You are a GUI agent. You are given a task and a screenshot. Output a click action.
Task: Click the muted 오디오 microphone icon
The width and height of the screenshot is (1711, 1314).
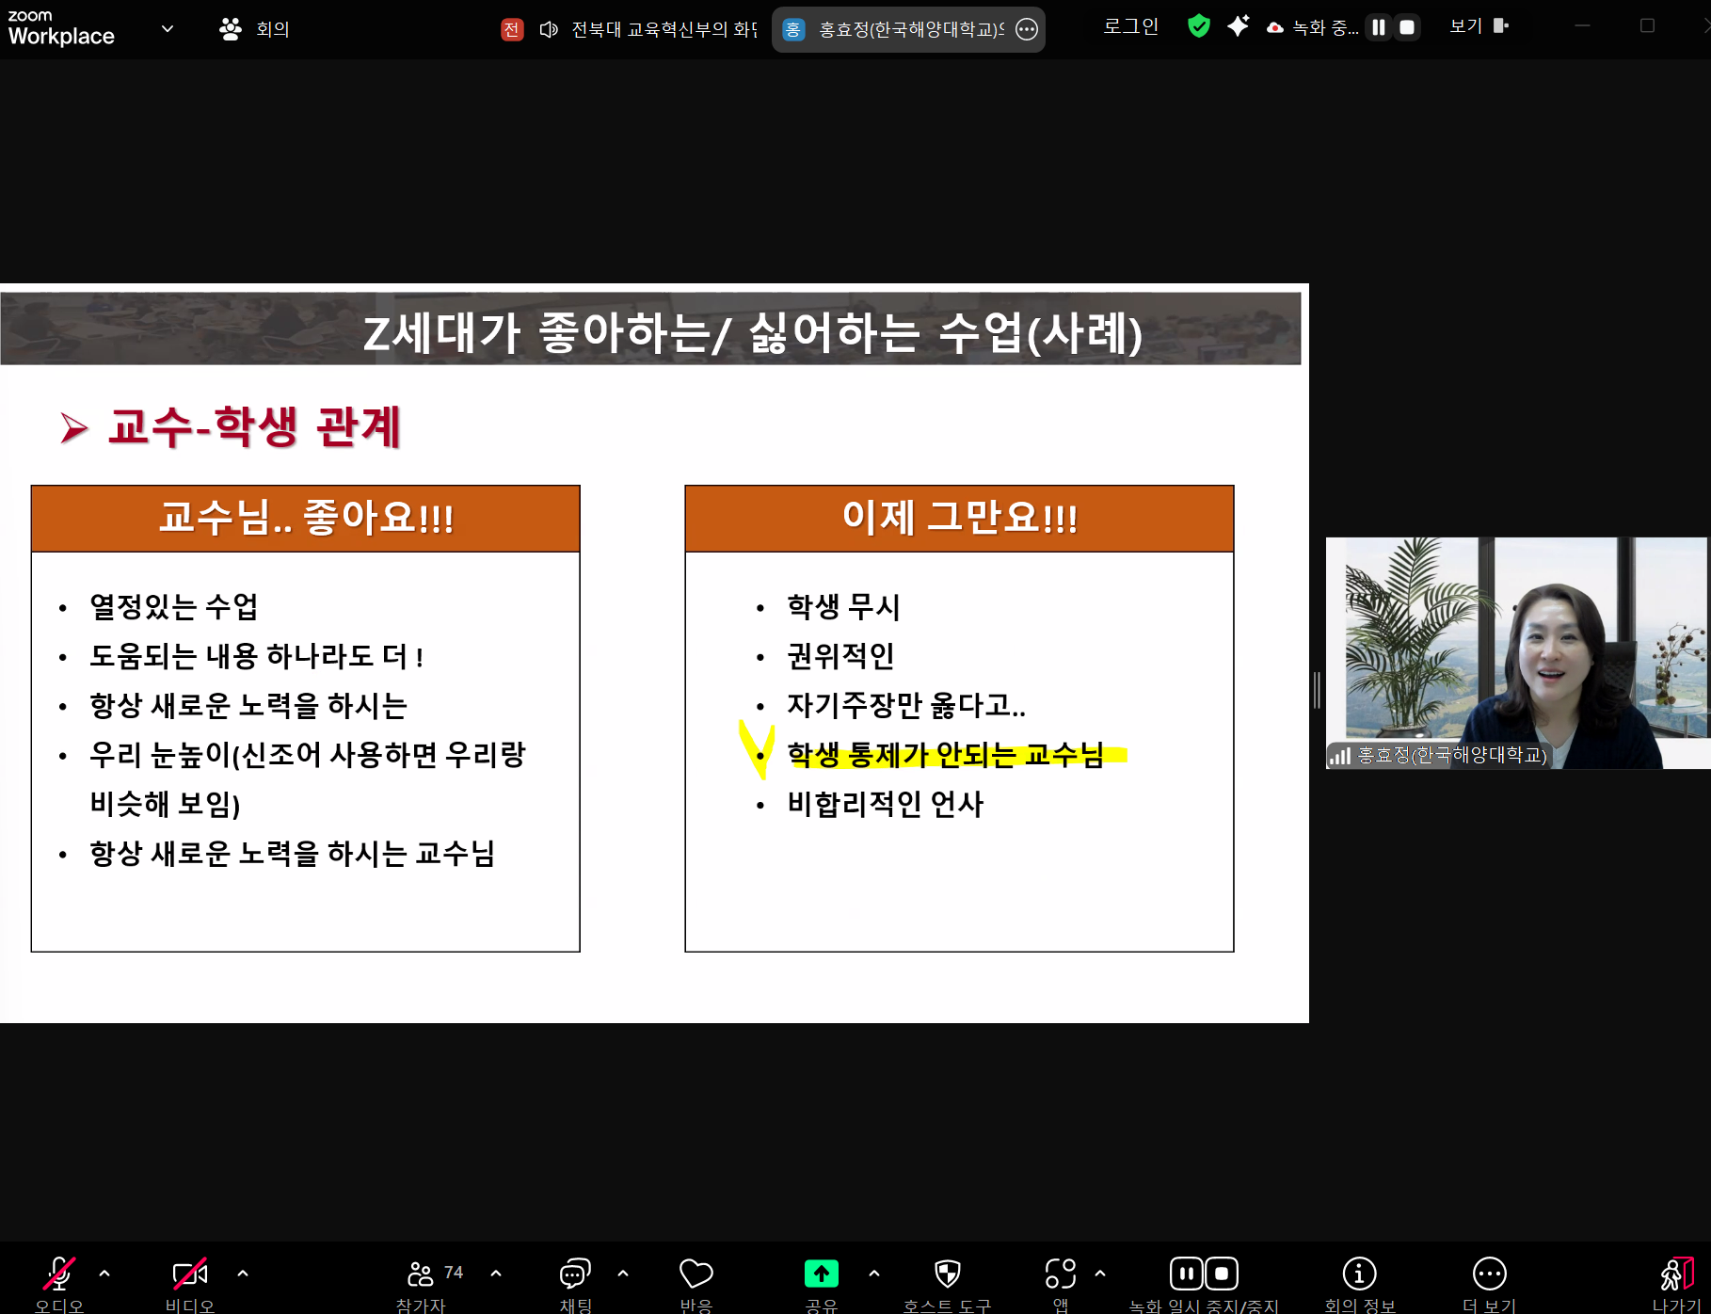tap(58, 1274)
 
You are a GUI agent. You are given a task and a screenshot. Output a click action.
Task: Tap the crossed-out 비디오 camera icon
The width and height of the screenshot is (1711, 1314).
tap(189, 1274)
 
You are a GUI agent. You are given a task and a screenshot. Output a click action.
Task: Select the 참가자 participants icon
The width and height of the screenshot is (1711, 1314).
tap(420, 1274)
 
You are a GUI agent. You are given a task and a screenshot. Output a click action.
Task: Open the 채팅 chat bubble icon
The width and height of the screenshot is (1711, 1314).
tap(574, 1274)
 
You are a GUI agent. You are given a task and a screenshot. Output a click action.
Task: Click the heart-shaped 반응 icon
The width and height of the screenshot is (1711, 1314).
tap(696, 1274)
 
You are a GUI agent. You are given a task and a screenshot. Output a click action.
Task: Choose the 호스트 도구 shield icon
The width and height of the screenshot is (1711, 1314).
tap(947, 1274)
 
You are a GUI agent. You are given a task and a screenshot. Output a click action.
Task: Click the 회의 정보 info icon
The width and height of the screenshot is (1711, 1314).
tap(1358, 1274)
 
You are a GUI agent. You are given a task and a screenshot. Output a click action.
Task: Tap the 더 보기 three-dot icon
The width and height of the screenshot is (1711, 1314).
tap(1489, 1274)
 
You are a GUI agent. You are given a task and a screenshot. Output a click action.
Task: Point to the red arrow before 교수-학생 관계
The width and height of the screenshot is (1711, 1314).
tap(73, 427)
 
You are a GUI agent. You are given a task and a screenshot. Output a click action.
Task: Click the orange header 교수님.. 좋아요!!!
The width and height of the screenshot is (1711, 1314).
tap(306, 518)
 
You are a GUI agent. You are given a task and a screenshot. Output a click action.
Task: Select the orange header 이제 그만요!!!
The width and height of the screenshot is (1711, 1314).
tap(959, 518)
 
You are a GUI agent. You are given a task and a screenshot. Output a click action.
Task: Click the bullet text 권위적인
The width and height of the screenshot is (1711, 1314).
tap(840, 656)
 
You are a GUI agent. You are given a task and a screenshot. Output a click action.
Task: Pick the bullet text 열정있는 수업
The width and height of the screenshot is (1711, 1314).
tap(174, 607)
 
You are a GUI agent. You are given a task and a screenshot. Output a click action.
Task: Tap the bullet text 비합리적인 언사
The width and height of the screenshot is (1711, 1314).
tap(885, 804)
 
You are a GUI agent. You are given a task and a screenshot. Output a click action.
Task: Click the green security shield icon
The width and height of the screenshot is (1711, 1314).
tap(1198, 26)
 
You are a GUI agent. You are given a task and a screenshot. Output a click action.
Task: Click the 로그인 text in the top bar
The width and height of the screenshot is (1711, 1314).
tap(1130, 26)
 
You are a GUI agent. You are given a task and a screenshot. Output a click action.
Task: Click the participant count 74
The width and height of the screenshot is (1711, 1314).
tap(454, 1273)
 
